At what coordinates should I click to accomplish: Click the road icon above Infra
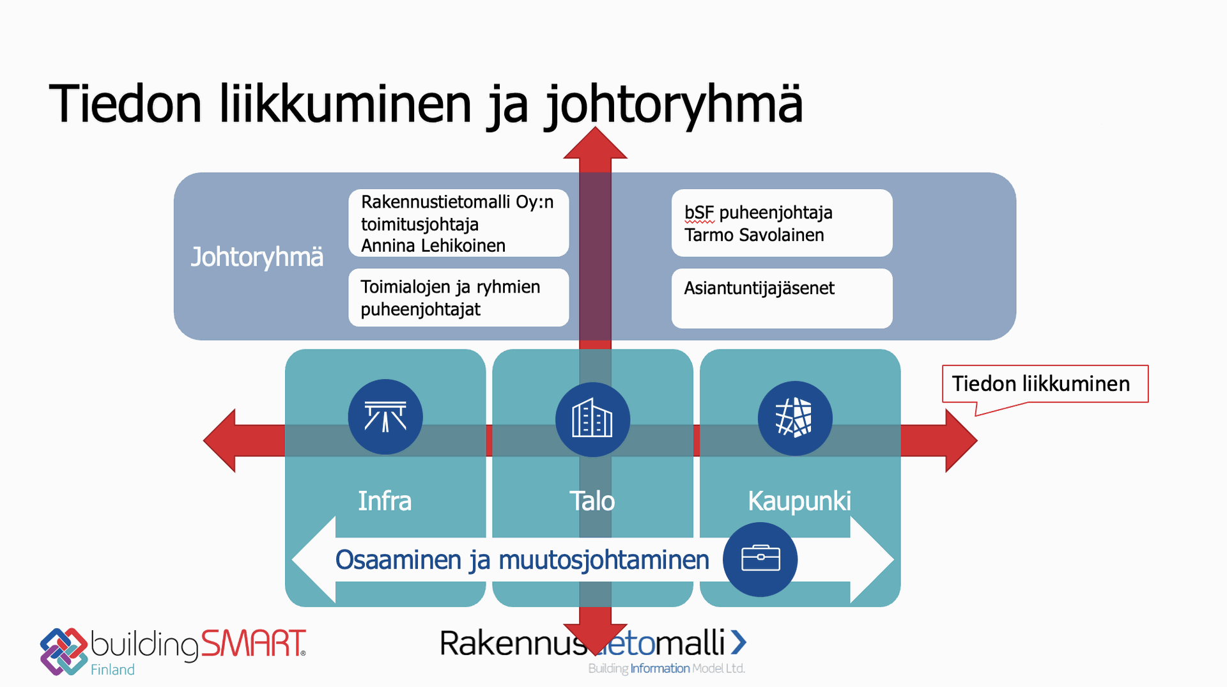click(385, 417)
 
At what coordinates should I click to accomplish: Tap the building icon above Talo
click(592, 419)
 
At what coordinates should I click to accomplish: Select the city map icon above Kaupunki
click(794, 419)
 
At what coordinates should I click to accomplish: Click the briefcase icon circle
click(760, 559)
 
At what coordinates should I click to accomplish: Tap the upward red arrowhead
click(595, 144)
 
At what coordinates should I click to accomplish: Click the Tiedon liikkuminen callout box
click(1044, 383)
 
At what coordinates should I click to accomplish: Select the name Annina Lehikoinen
click(433, 245)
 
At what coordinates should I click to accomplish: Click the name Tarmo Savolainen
click(754, 235)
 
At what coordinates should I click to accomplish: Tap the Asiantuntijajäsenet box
click(781, 298)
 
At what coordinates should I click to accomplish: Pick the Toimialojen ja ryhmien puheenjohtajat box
click(458, 298)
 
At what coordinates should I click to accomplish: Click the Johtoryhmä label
click(257, 257)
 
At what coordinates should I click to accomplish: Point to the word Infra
click(385, 501)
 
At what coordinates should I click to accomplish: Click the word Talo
click(592, 501)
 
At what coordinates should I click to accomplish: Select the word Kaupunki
click(799, 501)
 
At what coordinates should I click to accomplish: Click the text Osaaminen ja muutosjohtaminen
click(522, 560)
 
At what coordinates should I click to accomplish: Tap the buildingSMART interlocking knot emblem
click(63, 651)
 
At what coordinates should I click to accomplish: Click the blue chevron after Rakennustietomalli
click(738, 642)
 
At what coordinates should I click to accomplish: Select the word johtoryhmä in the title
click(674, 104)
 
